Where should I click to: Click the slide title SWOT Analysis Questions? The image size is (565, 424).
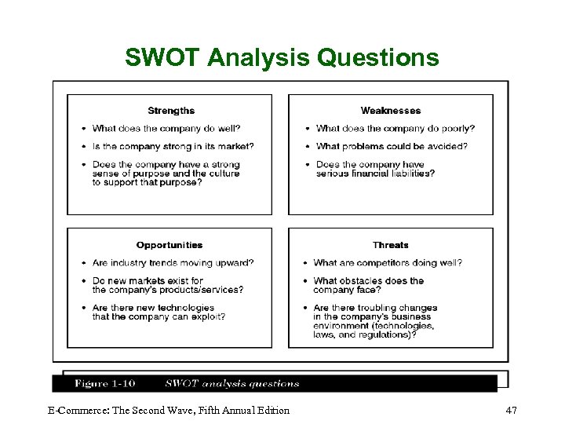click(x=282, y=57)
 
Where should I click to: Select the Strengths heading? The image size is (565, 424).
click(x=171, y=111)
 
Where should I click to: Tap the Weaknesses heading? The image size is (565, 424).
click(x=391, y=111)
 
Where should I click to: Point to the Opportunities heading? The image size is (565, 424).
click(x=169, y=245)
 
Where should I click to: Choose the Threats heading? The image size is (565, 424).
click(x=391, y=245)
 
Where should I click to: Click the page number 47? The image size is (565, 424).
click(x=512, y=410)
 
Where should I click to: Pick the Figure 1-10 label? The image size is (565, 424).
click(x=105, y=384)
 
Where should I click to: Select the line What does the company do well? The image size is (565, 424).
click(x=166, y=129)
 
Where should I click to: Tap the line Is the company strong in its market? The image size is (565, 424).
click(x=173, y=146)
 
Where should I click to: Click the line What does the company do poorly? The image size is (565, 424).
click(x=395, y=129)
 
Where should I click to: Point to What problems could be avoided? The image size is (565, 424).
click(x=392, y=146)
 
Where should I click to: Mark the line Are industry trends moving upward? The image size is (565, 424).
click(x=173, y=263)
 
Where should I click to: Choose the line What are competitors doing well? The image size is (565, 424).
click(x=388, y=263)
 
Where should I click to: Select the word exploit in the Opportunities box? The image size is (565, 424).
click(x=211, y=317)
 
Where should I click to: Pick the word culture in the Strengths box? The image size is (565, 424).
click(x=224, y=174)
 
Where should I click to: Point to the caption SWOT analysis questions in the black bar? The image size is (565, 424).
click(x=232, y=384)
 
